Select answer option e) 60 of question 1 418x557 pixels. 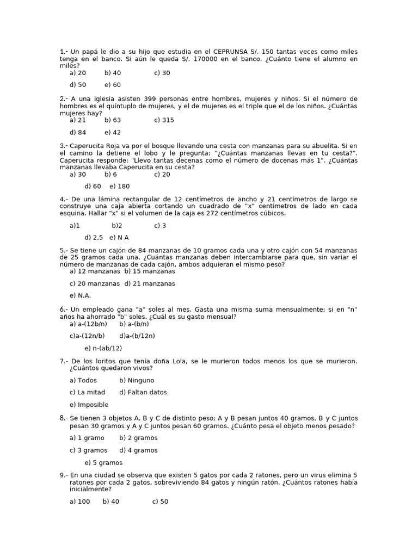[x=113, y=85]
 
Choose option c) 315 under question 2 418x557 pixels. [x=164, y=120]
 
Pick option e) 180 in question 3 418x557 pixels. [x=119, y=187]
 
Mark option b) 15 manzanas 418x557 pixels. [x=150, y=271]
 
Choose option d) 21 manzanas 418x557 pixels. [x=150, y=283]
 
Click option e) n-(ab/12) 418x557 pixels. [x=103, y=348]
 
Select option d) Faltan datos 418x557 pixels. [x=143, y=392]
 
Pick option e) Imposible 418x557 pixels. [x=89, y=405]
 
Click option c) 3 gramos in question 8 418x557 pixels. [x=88, y=450]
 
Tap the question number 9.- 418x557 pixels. [x=63, y=475]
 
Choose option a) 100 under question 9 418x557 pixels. [x=79, y=502]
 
